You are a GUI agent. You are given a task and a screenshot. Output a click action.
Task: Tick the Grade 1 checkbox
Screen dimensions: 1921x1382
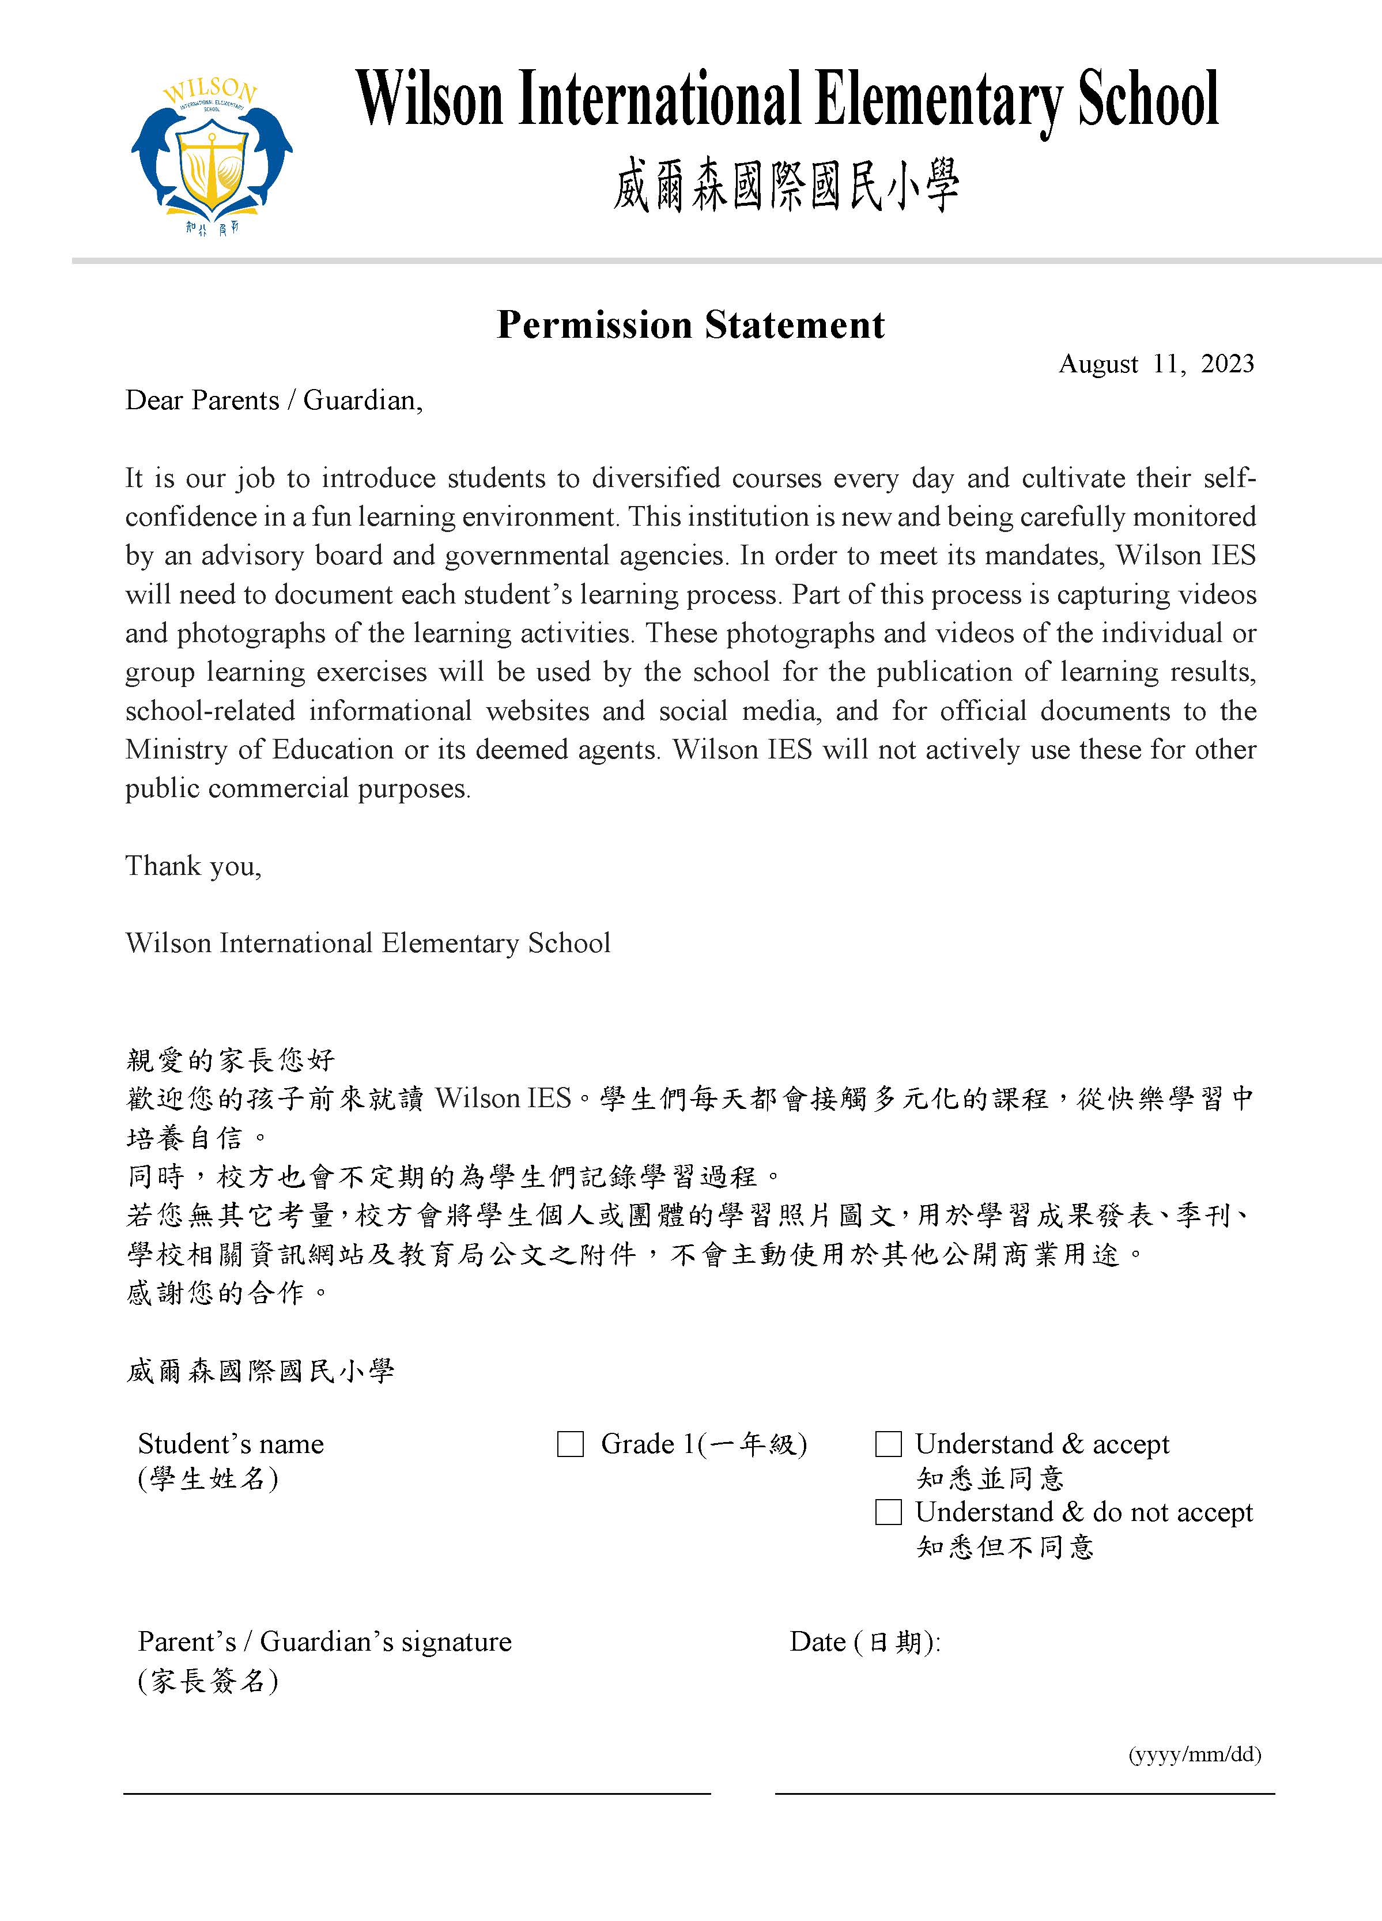click(x=571, y=1444)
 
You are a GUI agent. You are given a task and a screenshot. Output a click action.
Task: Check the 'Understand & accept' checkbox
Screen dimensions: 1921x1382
click(x=888, y=1444)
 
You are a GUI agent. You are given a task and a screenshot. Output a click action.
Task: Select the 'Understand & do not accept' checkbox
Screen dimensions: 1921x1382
click(x=888, y=1512)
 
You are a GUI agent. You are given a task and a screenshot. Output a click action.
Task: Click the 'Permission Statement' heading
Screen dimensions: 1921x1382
click(x=690, y=325)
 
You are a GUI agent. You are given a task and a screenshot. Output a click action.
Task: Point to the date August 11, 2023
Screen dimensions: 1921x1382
click(x=1156, y=364)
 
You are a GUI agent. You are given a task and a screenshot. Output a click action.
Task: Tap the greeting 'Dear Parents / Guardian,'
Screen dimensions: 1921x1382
click(x=274, y=401)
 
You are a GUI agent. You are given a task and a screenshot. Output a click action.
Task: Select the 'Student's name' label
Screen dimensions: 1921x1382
click(x=231, y=1444)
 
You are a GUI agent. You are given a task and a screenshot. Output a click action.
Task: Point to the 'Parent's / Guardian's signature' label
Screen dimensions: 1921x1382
click(x=324, y=1643)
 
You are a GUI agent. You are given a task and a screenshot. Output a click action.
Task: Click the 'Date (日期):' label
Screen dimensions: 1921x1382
click(x=864, y=1643)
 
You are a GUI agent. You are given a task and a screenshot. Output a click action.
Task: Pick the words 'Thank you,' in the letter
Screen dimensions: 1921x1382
click(x=193, y=866)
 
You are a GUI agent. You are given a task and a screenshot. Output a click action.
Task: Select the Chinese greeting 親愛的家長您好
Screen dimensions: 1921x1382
click(x=231, y=1059)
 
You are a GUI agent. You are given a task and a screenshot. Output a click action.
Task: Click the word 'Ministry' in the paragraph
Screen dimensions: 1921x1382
click(x=175, y=750)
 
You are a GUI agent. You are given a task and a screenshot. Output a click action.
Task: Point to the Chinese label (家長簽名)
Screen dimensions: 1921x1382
click(x=207, y=1681)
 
